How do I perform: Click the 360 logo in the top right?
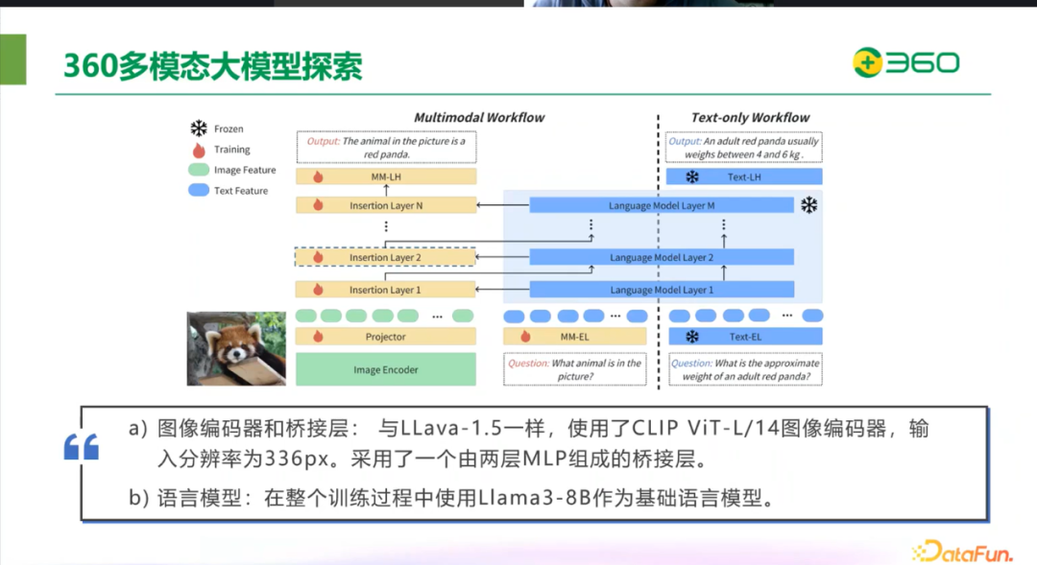pyautogui.click(x=905, y=63)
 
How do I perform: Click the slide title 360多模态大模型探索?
pyautogui.click(x=212, y=66)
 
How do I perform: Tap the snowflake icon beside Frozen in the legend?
pyautogui.click(x=199, y=129)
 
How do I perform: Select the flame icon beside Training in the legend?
pyautogui.click(x=199, y=150)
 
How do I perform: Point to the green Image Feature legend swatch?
pyautogui.click(x=199, y=170)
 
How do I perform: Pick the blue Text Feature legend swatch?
pyautogui.click(x=199, y=191)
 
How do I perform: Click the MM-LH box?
pyautogui.click(x=386, y=177)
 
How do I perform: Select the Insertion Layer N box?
pyautogui.click(x=386, y=205)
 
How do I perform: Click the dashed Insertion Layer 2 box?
pyautogui.click(x=386, y=257)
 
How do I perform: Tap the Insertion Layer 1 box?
pyautogui.click(x=386, y=289)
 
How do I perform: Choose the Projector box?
pyautogui.click(x=386, y=337)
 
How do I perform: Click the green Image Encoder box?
pyautogui.click(x=386, y=369)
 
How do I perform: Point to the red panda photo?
pyautogui.click(x=236, y=348)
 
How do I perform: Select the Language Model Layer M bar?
pyautogui.click(x=662, y=205)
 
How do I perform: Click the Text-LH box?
pyautogui.click(x=745, y=177)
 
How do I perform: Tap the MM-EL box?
pyautogui.click(x=575, y=337)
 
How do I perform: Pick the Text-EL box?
pyautogui.click(x=745, y=337)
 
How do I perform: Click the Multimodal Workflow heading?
pyautogui.click(x=479, y=117)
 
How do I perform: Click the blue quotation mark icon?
pyautogui.click(x=82, y=447)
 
